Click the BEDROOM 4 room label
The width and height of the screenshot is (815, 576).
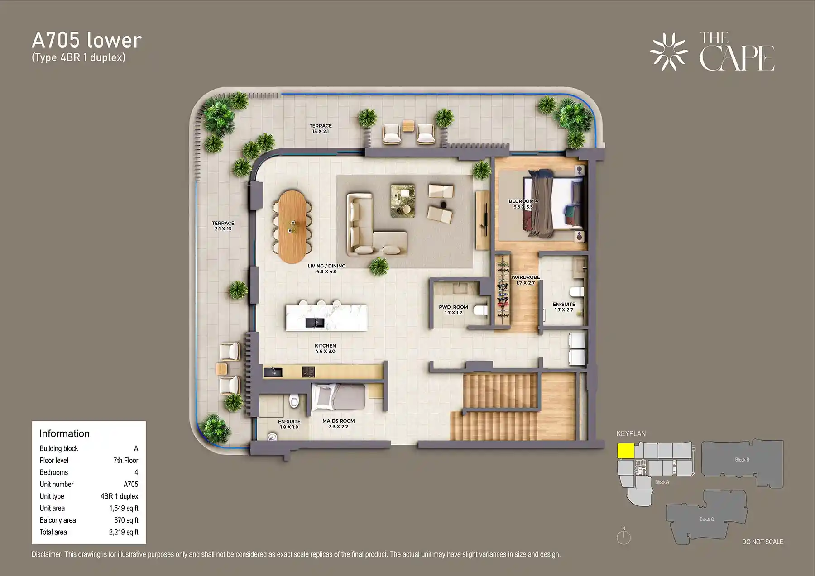[523, 204]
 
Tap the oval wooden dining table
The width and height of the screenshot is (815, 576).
[292, 226]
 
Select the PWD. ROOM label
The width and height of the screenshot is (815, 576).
[453, 309]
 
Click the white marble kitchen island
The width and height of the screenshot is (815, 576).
[326, 317]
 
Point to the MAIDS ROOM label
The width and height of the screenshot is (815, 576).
[338, 424]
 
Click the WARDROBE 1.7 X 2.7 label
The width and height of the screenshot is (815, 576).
[525, 280]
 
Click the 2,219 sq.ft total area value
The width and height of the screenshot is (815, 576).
[124, 532]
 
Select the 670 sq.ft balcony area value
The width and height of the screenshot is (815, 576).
[126, 520]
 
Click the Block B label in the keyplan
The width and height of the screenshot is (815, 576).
[742, 460]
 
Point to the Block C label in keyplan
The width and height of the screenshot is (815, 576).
[706, 519]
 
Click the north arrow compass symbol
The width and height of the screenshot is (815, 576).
[623, 537]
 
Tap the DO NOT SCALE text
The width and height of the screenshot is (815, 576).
[762, 542]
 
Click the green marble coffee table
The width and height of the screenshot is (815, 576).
[403, 200]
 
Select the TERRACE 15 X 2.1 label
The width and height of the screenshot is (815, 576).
[321, 129]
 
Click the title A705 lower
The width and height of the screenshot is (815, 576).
[86, 40]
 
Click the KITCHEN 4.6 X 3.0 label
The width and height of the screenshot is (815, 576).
[325, 348]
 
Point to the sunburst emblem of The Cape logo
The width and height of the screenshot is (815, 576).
[669, 52]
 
